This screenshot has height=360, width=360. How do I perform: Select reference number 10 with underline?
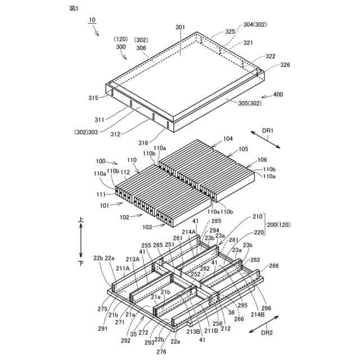92,20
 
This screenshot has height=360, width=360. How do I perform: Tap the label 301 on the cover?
179,27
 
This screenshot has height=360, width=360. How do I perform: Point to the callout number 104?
228,138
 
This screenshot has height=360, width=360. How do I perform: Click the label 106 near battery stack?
263,160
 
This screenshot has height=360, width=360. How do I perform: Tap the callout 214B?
257,314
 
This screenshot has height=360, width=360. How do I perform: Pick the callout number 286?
273,265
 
